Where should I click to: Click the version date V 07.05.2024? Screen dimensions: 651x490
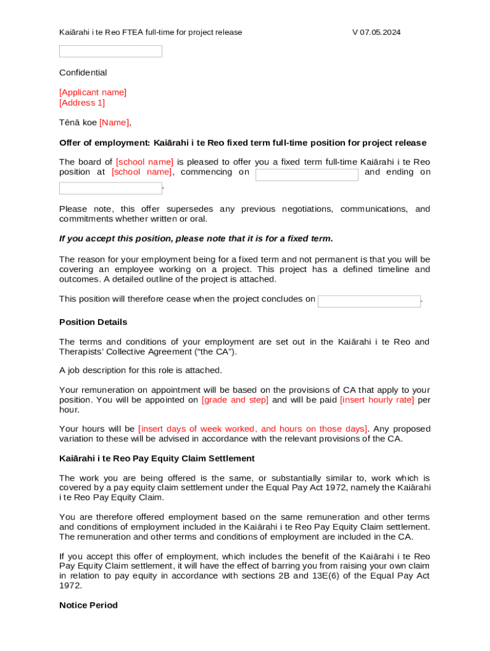coord(376,32)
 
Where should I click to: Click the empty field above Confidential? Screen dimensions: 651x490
coord(111,51)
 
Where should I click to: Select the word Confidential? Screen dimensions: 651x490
coord(83,72)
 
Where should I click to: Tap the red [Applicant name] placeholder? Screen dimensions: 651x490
coord(93,92)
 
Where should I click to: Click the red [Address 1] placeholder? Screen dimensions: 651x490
coord(82,102)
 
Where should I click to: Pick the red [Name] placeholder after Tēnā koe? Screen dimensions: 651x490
coord(114,122)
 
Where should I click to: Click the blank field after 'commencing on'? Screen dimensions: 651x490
coord(307,175)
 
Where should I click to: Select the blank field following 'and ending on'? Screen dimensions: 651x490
coord(111,188)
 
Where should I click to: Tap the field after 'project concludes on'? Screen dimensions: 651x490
coord(369,301)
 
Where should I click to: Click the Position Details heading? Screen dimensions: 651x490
coord(93,322)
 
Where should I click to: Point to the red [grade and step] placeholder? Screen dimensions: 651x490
coord(235,400)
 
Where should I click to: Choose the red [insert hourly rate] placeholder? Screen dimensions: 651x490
coord(377,400)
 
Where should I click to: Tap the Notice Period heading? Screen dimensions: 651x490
coord(88,605)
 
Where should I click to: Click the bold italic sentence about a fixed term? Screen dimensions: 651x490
coord(196,238)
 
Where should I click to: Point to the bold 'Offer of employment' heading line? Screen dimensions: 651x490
coord(242,142)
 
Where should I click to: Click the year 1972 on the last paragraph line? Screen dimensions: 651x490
coord(71,586)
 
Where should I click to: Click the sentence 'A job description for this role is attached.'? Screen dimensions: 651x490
coord(141,370)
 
